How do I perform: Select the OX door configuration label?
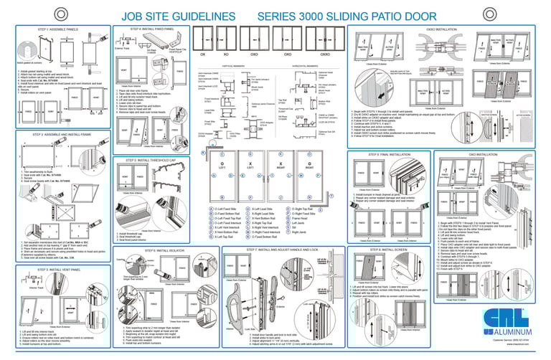pos(203,55)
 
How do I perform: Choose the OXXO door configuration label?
pos(324,55)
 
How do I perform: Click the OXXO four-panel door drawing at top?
pos(324,38)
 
